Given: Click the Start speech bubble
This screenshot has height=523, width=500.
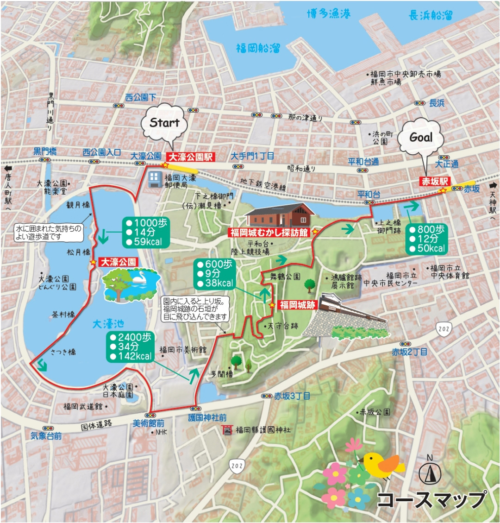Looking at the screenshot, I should pyautogui.click(x=164, y=123).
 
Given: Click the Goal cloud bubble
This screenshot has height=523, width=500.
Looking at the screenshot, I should pyautogui.click(x=421, y=138).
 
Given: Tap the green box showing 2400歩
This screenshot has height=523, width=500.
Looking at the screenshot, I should pyautogui.click(x=131, y=347).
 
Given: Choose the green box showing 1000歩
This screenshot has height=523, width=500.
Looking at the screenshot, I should pyautogui.click(x=144, y=232).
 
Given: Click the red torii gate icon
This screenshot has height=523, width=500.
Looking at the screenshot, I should pyautogui.click(x=228, y=430).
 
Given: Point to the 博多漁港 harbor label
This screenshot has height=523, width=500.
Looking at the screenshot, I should pyautogui.click(x=330, y=15).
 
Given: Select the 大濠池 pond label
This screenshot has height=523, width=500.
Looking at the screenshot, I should pyautogui.click(x=109, y=322).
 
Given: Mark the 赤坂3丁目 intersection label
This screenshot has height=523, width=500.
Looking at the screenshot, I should pyautogui.click(x=292, y=396).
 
